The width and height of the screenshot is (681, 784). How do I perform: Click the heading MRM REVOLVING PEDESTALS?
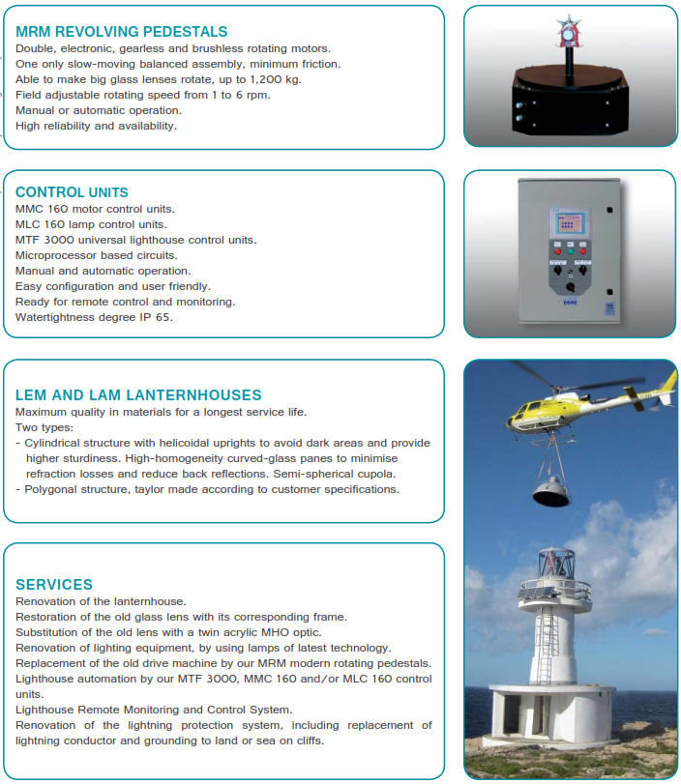[121, 32]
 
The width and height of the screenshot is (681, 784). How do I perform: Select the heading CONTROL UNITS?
[72, 192]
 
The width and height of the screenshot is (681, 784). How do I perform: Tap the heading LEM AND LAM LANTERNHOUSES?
[138, 394]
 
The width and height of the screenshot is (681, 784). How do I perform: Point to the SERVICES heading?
[54, 584]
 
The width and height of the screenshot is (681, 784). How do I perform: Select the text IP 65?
[157, 317]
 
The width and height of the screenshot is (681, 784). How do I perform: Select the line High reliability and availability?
[97, 126]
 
